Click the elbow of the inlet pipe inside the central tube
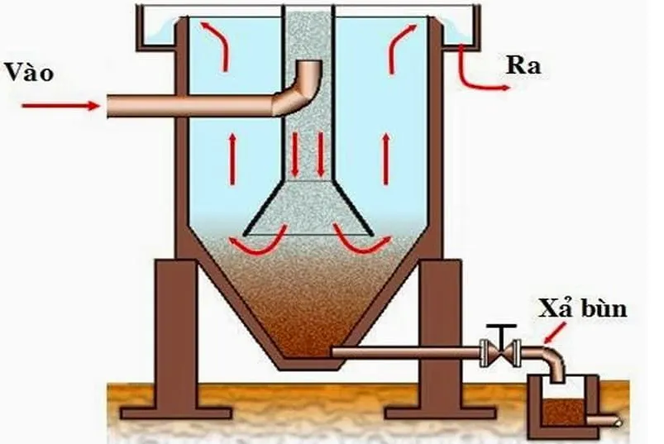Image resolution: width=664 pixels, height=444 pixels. coord(307,83)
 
